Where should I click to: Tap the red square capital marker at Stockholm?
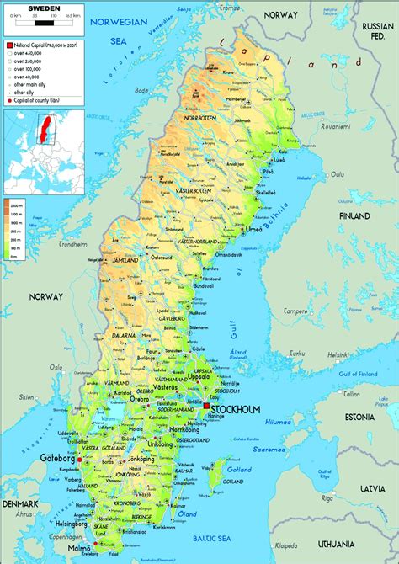[x=205, y=407]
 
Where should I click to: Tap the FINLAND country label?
[x=354, y=215]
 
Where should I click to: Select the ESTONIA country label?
[x=359, y=417]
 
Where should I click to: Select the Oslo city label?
[x=56, y=367]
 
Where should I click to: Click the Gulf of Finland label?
[x=355, y=373]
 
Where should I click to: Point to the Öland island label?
[x=187, y=512]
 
